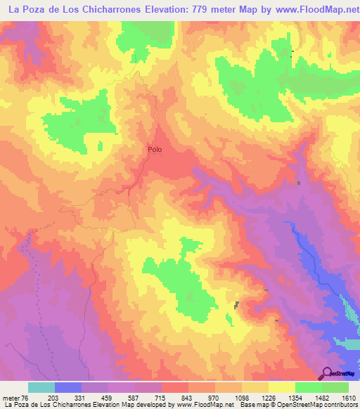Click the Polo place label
(x=155, y=150)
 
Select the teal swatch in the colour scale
(x=41, y=388)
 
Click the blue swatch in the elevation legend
(x=68, y=388)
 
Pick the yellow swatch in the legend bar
(x=281, y=388)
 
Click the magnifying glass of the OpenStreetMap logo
(x=326, y=372)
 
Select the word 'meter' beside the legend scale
(x=11, y=398)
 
